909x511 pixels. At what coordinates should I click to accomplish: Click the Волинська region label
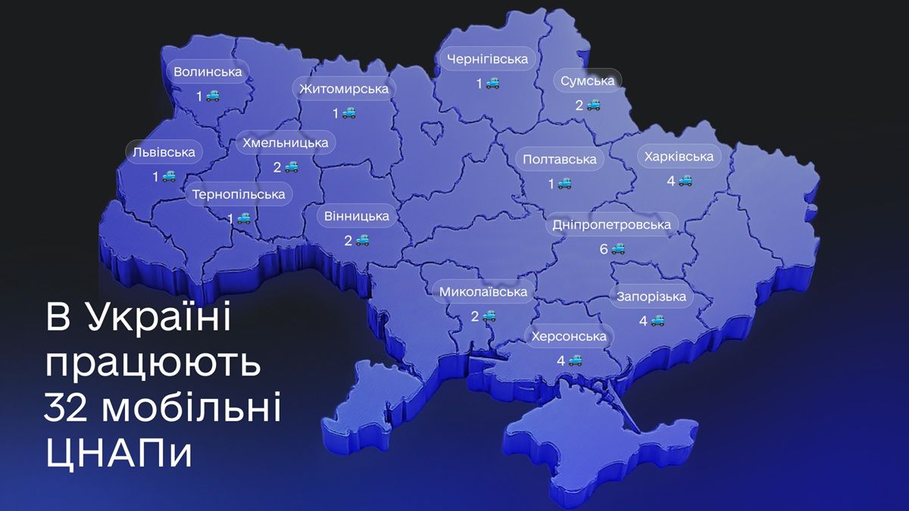208,72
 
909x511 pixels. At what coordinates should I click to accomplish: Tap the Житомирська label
343,89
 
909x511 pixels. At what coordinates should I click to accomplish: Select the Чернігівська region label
487,59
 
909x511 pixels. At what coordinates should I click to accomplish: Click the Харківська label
679,157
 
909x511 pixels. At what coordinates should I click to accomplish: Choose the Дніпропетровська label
612,225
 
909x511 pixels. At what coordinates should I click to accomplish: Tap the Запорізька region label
651,296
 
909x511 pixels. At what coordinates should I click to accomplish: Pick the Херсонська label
569,336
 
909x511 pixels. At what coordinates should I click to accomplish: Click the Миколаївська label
483,291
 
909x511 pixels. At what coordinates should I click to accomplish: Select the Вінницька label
356,217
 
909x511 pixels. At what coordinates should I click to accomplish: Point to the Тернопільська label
239,195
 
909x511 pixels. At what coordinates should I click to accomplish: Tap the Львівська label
164,152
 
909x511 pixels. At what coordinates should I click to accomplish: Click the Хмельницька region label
285,142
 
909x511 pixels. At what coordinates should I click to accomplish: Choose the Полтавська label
560,159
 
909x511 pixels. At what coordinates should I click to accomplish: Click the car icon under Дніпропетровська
619,248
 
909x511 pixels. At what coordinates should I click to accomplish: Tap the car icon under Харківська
686,180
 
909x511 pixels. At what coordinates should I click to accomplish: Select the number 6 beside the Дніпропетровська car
604,248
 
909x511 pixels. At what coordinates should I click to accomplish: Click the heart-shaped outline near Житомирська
433,133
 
